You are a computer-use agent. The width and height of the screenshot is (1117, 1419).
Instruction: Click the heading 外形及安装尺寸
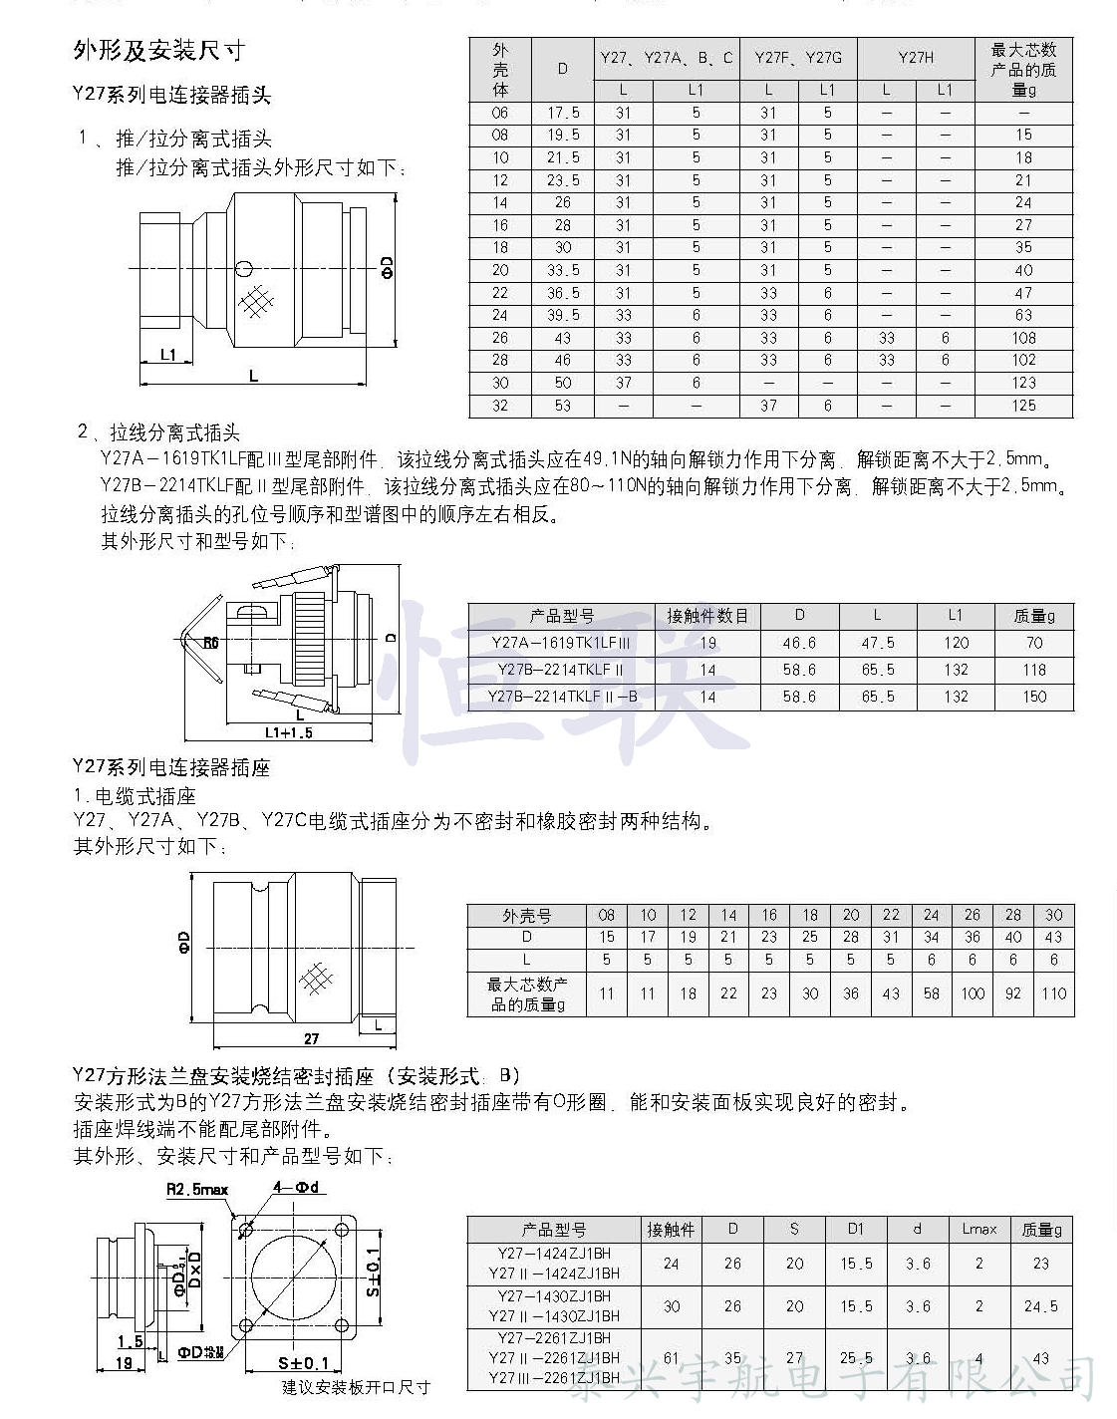tap(158, 52)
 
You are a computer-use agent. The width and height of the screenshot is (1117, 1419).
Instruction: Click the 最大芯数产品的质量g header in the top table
tap(1023, 70)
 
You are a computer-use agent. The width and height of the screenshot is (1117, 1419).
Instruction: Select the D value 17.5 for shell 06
tap(563, 113)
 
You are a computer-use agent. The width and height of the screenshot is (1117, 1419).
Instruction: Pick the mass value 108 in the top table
tap(1023, 338)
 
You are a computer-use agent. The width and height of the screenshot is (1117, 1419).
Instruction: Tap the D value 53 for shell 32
tap(563, 406)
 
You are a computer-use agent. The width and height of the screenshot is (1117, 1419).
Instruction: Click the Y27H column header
tap(915, 58)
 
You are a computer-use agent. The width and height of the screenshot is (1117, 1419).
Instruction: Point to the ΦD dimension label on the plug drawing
tap(388, 267)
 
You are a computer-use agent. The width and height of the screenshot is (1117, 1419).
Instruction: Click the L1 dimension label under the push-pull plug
tap(168, 354)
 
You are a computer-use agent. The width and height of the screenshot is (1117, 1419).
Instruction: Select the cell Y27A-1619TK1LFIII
tap(561, 643)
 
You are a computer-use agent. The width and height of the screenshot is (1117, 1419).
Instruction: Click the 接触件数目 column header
tap(706, 616)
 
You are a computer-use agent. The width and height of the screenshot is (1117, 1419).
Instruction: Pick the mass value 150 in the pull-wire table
tap(1034, 697)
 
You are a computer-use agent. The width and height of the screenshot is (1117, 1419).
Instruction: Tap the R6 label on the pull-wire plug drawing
tap(211, 643)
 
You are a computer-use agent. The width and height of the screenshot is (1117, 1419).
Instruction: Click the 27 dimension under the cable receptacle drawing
tap(312, 1038)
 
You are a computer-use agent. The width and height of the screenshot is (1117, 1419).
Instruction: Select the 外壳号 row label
tap(526, 915)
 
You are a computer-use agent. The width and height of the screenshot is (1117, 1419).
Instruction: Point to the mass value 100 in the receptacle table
tap(973, 993)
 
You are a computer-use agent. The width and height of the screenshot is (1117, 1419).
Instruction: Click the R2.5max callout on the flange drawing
tap(197, 1189)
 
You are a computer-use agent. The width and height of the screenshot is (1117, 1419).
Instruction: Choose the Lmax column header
tap(978, 1229)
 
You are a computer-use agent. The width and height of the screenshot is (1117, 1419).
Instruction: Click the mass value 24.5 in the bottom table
tap(1040, 1305)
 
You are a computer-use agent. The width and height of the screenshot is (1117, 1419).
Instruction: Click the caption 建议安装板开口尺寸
tap(355, 1387)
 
